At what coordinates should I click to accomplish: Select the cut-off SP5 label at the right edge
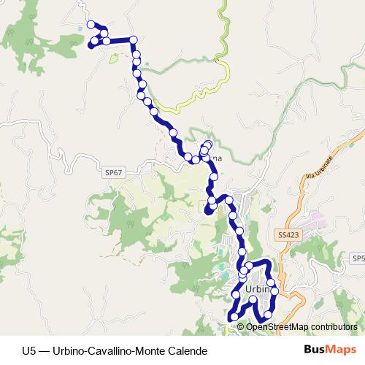pyautogui.click(x=358, y=258)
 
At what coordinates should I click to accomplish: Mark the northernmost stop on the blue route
pyautogui.click(x=92, y=25)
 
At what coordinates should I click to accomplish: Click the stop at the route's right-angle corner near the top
pyautogui.click(x=135, y=39)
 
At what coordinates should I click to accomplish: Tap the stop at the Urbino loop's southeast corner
pyautogui.click(x=268, y=315)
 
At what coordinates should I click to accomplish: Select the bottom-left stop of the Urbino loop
pyautogui.click(x=232, y=317)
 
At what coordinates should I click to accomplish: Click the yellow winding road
pyautogui.click(x=197, y=95)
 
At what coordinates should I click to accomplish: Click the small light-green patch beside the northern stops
pyautogui.click(x=114, y=58)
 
